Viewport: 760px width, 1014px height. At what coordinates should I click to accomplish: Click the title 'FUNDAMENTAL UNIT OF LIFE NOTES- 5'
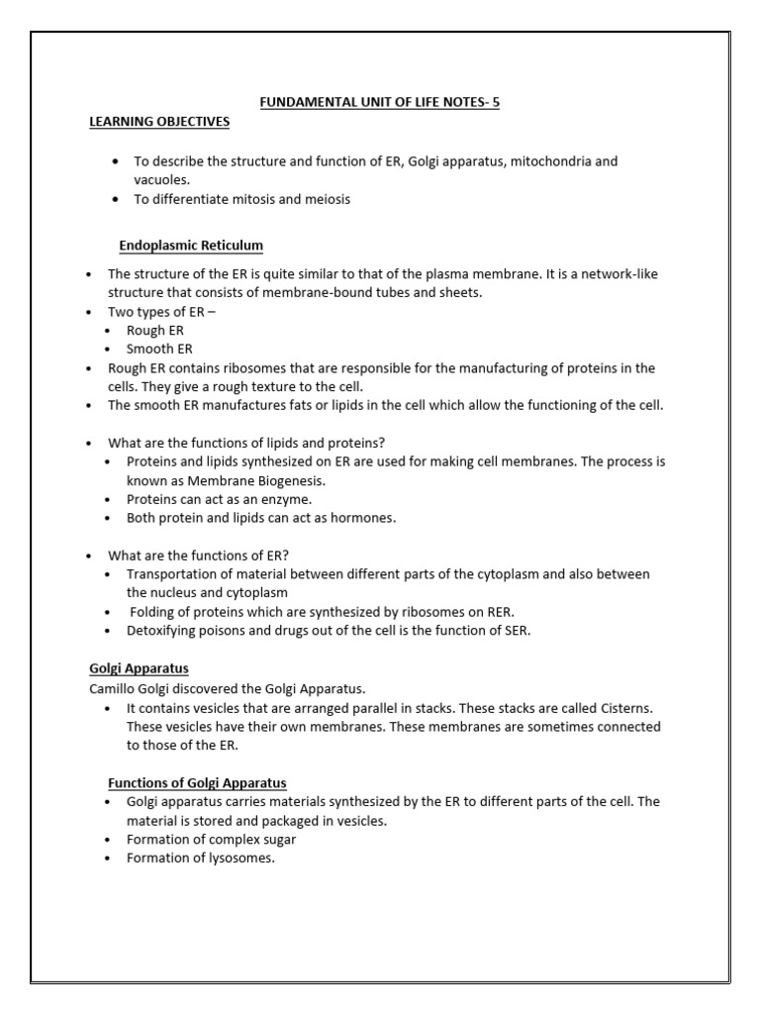(x=379, y=102)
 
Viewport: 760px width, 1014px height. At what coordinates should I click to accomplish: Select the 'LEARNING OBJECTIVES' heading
(x=159, y=122)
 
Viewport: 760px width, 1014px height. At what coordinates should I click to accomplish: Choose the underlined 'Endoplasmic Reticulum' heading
(x=191, y=245)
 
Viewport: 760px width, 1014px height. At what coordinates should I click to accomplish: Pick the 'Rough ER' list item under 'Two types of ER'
(x=155, y=330)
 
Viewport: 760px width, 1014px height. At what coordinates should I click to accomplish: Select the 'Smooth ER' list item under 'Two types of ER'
(x=159, y=349)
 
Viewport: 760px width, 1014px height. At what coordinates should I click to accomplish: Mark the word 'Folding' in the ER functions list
(x=151, y=612)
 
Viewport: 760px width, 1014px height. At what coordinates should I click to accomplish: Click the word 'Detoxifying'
(x=163, y=631)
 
